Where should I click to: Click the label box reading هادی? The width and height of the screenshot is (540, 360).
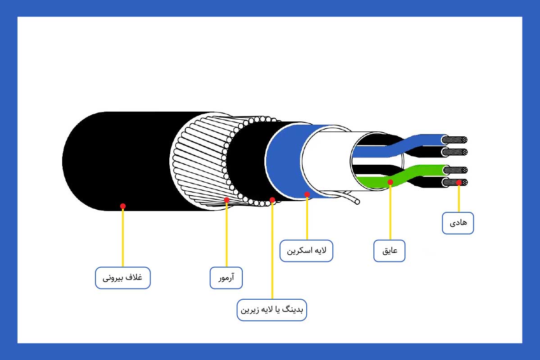point(458,223)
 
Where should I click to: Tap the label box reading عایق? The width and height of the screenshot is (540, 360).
point(390,251)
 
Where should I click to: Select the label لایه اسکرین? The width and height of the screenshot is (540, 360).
point(306,251)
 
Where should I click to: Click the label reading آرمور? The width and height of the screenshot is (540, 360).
point(227,278)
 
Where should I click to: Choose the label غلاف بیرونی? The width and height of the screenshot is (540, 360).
point(123,278)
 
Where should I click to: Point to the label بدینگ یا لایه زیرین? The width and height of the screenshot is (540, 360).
point(272,310)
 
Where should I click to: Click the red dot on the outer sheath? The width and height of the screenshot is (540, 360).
point(123,206)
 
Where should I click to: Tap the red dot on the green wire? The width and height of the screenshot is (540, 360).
point(390,182)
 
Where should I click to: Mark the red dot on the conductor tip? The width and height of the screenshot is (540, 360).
point(458,182)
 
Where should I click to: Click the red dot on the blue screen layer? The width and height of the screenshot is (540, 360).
point(307,194)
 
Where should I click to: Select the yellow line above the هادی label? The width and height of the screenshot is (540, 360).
point(458,198)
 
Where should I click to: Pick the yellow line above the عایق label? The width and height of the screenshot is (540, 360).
point(390,211)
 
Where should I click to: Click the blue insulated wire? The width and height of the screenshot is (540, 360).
point(423,139)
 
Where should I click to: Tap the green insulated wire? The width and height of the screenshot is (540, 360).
point(419,171)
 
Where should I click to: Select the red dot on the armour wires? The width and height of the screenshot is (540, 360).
point(227,199)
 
